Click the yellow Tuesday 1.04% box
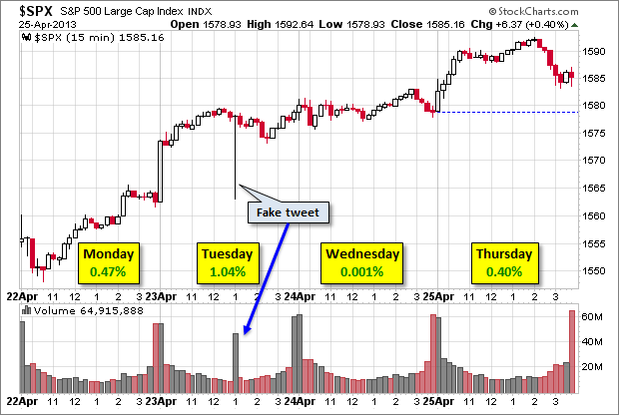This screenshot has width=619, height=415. click(x=228, y=261)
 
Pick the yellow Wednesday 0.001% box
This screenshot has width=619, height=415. click(x=361, y=261)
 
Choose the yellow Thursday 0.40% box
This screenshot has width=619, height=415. click(x=503, y=261)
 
